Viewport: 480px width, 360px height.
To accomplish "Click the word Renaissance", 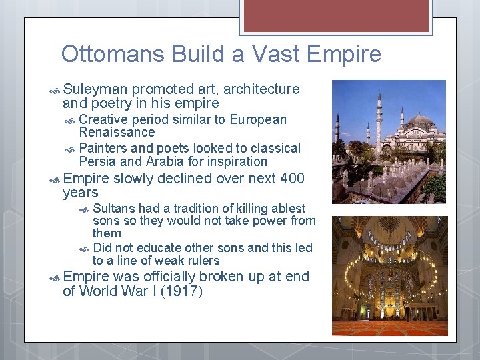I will [x=117, y=133].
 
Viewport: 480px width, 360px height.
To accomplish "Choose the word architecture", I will [x=254, y=89].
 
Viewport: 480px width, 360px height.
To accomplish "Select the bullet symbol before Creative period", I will [x=71, y=120].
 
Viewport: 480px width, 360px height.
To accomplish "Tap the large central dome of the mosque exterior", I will [x=420, y=123].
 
